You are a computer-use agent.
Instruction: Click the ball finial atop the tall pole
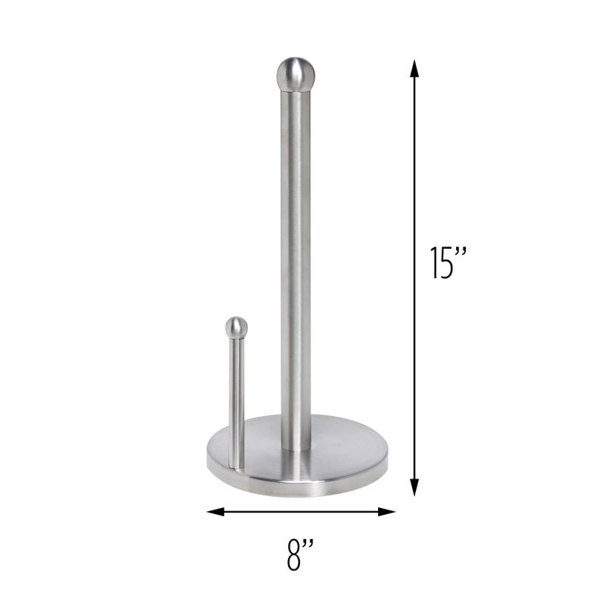(295, 73)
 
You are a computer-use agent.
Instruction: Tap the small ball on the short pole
(237, 327)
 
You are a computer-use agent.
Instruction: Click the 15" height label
(447, 264)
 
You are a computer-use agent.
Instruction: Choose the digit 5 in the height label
(445, 264)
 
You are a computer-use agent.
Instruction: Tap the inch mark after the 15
(461, 253)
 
